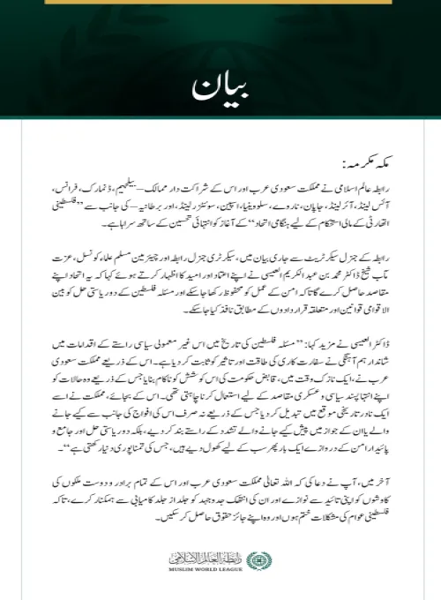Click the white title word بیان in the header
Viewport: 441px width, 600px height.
pyautogui.click(x=220, y=89)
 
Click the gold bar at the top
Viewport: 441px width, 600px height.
pyautogui.click(x=220, y=4)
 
